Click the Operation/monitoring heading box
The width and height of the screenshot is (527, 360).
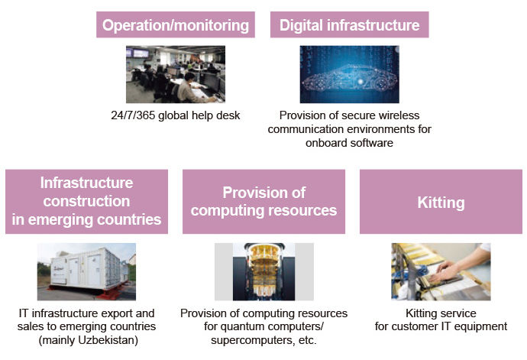pyautogui.click(x=176, y=24)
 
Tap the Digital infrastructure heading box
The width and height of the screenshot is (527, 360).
pyautogui.click(x=349, y=24)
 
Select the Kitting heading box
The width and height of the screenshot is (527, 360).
pyautogui.click(x=441, y=202)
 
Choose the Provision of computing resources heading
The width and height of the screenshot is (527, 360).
pyautogui.click(x=263, y=202)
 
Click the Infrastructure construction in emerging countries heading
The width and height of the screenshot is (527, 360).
pyautogui.click(x=87, y=202)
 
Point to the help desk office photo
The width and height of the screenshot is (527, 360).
pyautogui.click(x=176, y=74)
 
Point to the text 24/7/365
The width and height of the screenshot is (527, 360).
pyautogui.click(x=133, y=115)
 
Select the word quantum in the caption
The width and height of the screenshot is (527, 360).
pyautogui.click(x=241, y=326)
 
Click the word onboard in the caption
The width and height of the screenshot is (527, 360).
pyautogui.click(x=325, y=143)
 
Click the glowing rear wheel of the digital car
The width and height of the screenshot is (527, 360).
pyautogui.click(x=380, y=83)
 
